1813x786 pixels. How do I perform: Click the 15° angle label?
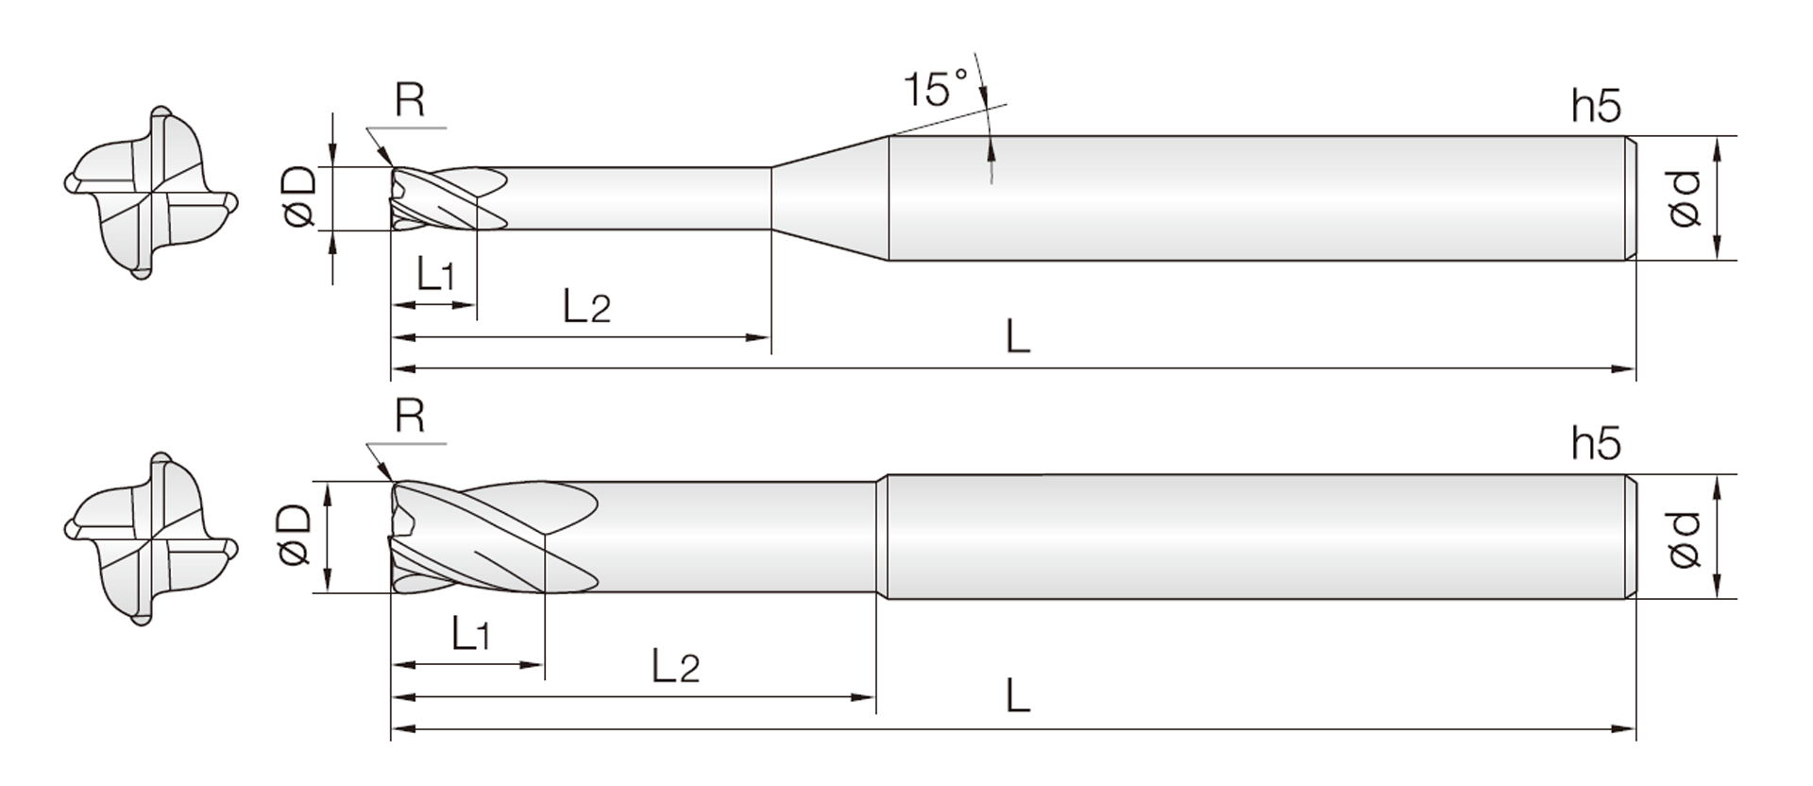pos(936,89)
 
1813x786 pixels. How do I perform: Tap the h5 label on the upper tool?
pos(1596,107)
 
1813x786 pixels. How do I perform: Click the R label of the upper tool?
pos(410,99)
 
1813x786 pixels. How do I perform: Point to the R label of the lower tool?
pos(410,416)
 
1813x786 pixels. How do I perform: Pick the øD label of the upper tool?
pos(298,197)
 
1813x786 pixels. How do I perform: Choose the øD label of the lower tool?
pos(295,535)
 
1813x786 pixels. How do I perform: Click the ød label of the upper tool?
pos(1684,198)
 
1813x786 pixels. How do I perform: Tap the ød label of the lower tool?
pos(1684,539)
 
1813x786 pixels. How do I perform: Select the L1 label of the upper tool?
pos(435,274)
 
